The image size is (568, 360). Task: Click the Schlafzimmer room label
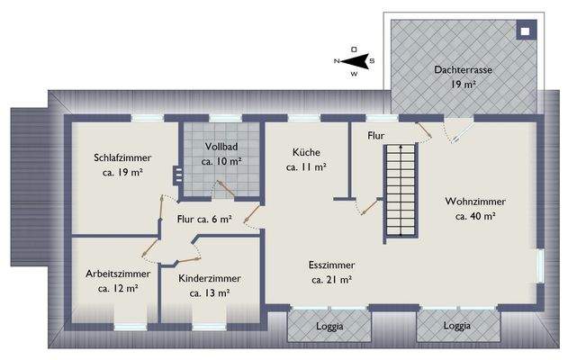click(122, 157)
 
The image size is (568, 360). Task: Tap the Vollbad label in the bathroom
click(221, 147)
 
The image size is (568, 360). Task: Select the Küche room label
click(305, 153)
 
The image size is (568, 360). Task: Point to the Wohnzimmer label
click(475, 202)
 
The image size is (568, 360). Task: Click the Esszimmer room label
click(329, 266)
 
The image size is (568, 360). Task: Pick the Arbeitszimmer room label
click(118, 274)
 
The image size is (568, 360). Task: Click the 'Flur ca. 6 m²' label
click(204, 218)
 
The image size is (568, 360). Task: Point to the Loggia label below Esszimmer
click(329, 327)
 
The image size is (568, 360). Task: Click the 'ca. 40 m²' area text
click(475, 216)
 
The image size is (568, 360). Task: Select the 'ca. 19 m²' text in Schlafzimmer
click(122, 172)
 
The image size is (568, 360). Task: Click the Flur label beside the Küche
click(376, 137)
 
